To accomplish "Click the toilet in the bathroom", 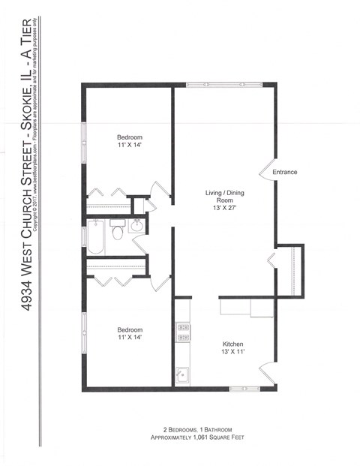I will [x=118, y=232].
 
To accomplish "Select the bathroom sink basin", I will [x=137, y=227].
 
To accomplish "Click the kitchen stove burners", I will [x=181, y=332].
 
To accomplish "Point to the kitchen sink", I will [x=181, y=374].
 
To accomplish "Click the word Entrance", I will [x=284, y=172].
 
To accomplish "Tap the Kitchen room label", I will [x=232, y=344].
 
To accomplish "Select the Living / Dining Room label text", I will [x=224, y=197].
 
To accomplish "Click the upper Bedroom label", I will [x=129, y=137].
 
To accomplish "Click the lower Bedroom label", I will [x=129, y=329].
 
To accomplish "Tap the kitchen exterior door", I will [x=266, y=372].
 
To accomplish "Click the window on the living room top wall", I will [x=223, y=85].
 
